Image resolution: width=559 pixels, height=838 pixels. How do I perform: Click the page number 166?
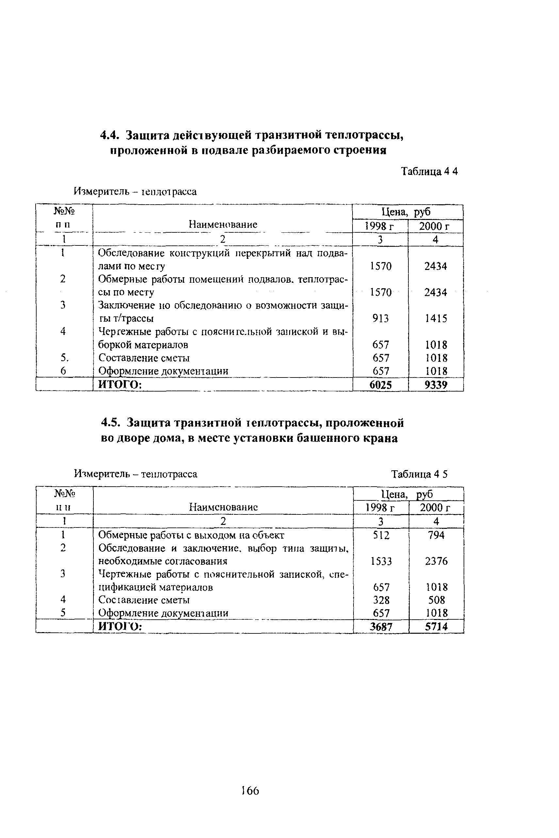250,791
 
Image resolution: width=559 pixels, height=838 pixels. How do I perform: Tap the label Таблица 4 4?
429,172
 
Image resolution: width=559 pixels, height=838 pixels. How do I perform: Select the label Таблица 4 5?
419,474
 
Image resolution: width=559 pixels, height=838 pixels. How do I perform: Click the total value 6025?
380,385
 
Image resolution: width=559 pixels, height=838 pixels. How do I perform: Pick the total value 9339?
436,385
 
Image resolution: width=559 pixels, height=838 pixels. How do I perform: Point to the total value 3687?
381,627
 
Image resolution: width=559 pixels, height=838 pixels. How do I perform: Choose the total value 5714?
436,627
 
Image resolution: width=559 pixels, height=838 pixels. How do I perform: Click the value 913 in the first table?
380,318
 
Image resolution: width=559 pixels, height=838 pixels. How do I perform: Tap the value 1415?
436,318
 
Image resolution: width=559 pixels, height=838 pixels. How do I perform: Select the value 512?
381,535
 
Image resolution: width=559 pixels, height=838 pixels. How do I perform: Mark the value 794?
436,535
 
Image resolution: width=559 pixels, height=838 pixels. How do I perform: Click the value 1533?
381,561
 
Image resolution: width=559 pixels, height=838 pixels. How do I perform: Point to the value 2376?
436,561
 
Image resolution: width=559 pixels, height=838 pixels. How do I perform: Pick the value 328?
381,600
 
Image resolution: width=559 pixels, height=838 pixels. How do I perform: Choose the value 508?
437,600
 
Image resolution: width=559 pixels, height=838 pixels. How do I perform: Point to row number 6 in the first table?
63,371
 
